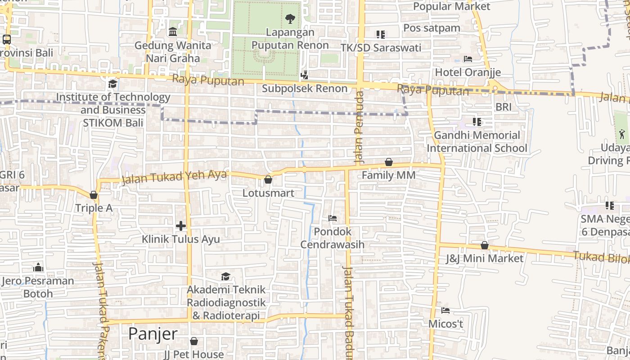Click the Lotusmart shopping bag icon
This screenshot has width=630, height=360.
pos(268,180)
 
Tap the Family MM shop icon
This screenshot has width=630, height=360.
pos(389,162)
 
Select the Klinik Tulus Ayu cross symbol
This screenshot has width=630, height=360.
pos(181,226)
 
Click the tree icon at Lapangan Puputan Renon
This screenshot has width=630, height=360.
pos(290,19)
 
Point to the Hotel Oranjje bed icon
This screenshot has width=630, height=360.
pos(468,59)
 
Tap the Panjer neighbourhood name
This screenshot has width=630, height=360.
pos(153,334)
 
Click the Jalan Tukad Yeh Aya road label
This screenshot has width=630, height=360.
pos(174,177)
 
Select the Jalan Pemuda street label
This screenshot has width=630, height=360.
pos(359,127)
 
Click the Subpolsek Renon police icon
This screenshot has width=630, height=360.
pos(305,75)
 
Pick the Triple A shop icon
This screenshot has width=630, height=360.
pos(94,195)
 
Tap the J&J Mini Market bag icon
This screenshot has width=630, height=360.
pos(485,245)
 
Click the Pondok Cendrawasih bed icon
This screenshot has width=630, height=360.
pos(333,218)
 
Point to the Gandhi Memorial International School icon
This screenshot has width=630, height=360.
pos(477,121)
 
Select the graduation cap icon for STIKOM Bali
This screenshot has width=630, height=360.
pos(112,84)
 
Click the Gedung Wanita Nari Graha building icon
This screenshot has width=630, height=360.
pos(173,32)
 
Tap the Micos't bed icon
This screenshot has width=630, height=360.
pos(445,310)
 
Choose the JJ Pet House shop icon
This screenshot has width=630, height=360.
pos(194,341)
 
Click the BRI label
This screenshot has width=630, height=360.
pos(504,107)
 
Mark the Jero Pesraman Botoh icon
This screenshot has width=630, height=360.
pos(39,268)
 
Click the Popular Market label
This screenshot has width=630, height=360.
pos(451,6)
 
